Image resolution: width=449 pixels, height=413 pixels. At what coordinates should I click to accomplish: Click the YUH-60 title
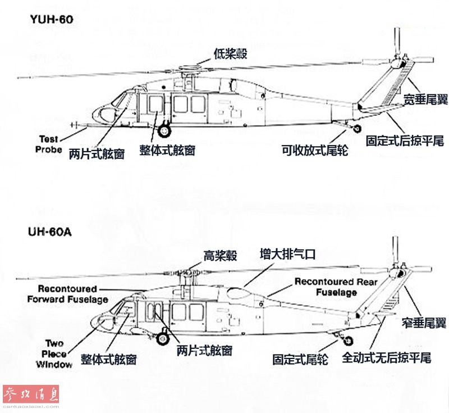click(52, 19)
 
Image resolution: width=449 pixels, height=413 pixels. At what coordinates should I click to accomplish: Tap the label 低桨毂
click(230, 53)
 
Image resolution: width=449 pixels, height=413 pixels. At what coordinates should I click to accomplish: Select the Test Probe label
click(48, 144)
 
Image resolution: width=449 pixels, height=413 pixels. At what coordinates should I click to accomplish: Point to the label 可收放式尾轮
click(315, 150)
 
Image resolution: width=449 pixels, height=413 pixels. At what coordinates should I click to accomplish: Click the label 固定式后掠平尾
click(405, 140)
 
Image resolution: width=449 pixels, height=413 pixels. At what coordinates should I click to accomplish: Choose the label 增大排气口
click(287, 254)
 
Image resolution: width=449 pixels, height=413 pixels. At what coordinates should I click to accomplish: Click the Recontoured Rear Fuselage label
click(336, 287)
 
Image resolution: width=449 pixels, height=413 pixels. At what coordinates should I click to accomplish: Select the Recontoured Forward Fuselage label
click(67, 294)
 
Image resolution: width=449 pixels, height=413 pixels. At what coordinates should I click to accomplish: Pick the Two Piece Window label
click(54, 353)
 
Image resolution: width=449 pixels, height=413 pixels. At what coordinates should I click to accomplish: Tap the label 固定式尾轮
click(300, 360)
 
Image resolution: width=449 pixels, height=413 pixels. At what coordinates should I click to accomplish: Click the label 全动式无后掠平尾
click(387, 357)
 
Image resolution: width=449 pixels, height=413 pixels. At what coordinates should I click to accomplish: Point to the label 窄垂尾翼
click(424, 323)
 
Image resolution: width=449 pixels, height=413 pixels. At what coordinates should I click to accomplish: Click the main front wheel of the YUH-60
click(164, 131)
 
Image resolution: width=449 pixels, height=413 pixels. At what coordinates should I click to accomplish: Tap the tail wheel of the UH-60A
click(348, 341)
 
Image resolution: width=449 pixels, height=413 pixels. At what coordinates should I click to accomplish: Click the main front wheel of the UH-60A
click(163, 339)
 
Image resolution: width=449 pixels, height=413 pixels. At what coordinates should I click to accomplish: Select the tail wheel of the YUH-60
click(357, 129)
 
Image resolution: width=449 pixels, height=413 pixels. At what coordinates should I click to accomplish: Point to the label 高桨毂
click(220, 256)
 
